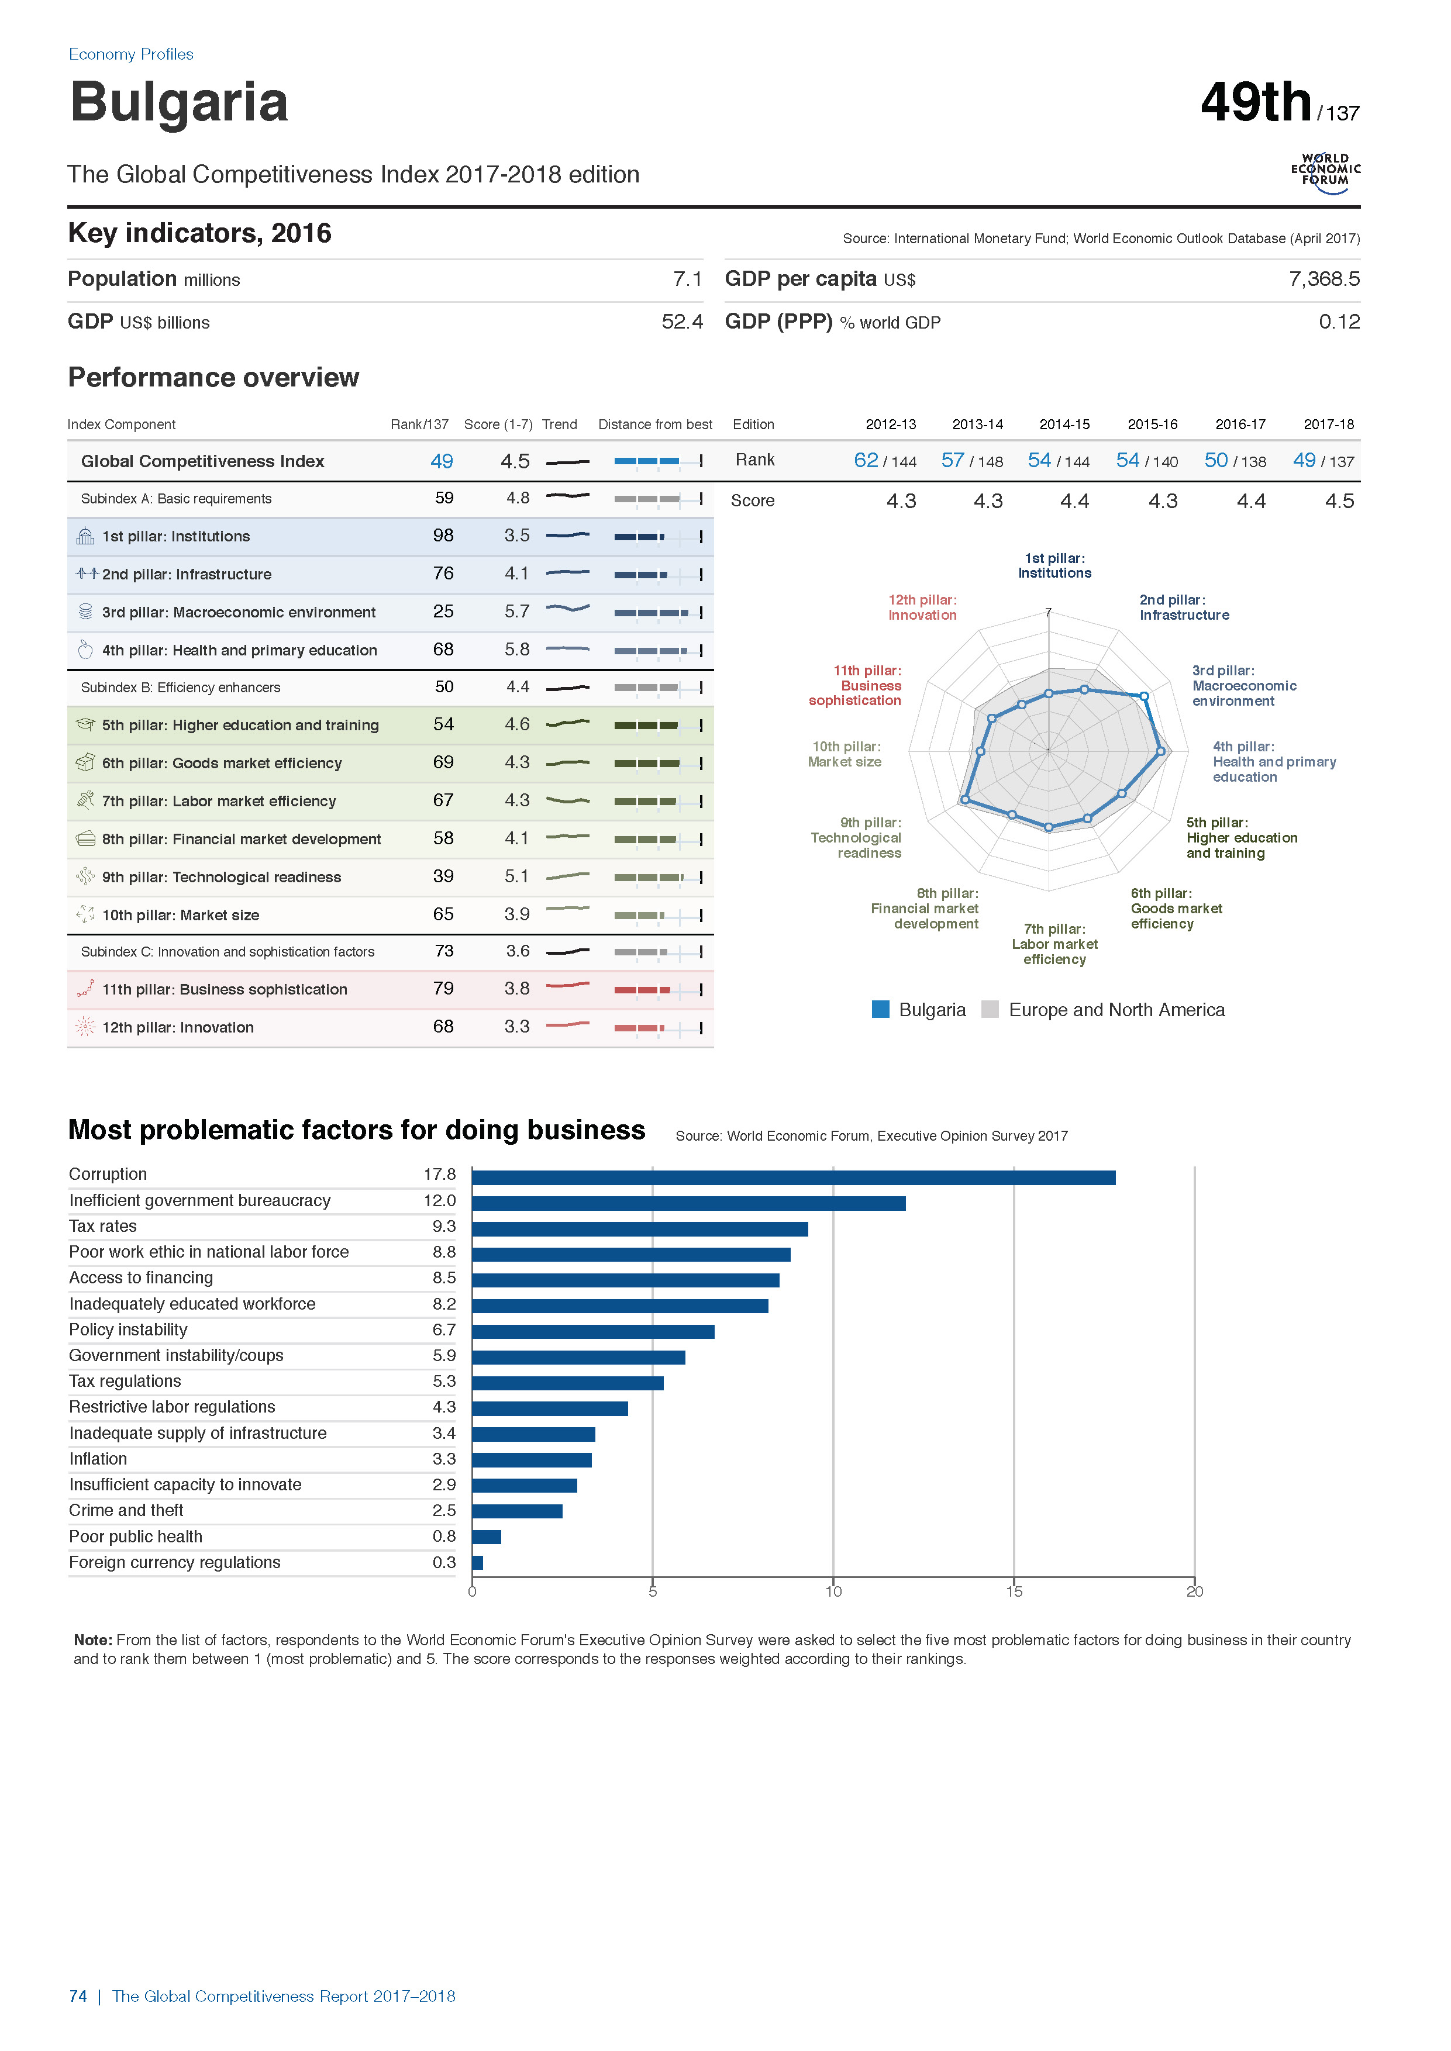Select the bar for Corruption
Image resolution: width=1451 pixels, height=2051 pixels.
pos(794,1178)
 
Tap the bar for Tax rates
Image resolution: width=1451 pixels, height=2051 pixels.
pos(640,1229)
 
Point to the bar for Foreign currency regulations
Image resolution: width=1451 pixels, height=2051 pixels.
pos(477,1562)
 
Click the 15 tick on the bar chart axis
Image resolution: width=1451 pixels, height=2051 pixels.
pos(1014,1591)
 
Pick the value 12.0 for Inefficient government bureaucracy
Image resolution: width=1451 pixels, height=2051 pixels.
pos(440,1200)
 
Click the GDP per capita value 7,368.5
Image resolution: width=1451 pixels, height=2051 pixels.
pos(1324,279)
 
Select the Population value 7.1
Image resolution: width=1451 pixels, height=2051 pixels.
pos(687,279)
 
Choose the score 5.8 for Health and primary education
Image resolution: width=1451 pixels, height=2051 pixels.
pos(516,650)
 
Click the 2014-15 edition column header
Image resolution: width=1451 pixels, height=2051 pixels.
pos(1064,424)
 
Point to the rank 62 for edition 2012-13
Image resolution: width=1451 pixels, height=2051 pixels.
pos(866,460)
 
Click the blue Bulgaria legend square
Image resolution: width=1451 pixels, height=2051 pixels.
pos(881,1009)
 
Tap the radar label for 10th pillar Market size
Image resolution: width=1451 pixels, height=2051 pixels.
pos(845,754)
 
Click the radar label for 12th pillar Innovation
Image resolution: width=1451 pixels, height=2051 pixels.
pos(922,607)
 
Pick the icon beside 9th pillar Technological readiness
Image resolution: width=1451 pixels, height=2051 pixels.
pos(85,876)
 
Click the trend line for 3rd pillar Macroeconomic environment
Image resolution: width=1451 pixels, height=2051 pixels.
pos(567,608)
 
